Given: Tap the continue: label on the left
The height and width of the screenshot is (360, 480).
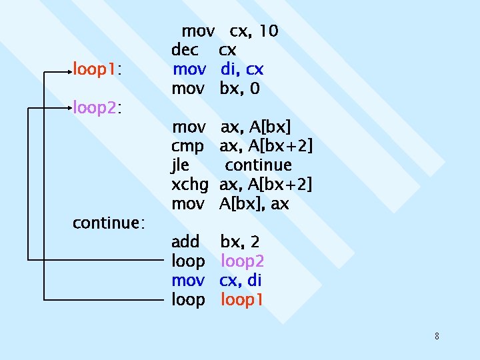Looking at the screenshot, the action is [x=109, y=223].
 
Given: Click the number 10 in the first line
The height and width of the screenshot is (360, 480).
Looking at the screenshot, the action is [x=269, y=31].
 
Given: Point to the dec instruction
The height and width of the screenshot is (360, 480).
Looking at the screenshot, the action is [x=185, y=50].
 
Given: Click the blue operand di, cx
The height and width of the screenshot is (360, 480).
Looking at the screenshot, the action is [x=242, y=69].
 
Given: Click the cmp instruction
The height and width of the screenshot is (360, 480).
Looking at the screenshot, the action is [x=187, y=146].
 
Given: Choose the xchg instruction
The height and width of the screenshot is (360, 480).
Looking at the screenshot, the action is [x=190, y=184].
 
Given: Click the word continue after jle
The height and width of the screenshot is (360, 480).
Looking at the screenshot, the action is [x=258, y=165].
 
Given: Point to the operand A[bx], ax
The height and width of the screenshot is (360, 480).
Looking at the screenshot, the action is [x=254, y=203].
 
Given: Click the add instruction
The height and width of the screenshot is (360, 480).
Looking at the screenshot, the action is [x=185, y=242].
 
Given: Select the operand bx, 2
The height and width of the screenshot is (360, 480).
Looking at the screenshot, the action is [x=240, y=242].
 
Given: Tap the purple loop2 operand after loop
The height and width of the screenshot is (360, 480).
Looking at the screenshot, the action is [x=243, y=261].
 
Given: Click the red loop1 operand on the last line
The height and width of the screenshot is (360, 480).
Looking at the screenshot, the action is [x=242, y=300].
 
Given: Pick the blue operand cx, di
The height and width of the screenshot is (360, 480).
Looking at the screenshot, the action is [x=240, y=281].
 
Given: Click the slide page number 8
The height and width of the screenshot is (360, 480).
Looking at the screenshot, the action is [x=437, y=336].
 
